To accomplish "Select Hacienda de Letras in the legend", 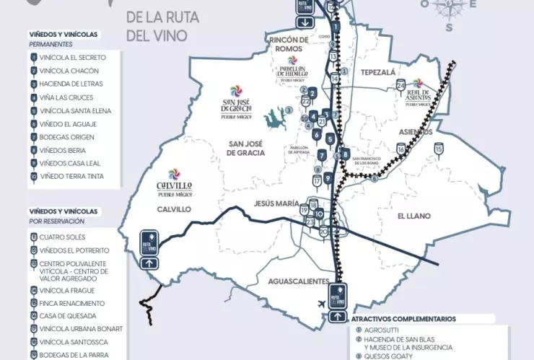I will pos(70,84).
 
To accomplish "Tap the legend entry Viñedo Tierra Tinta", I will pos(71,176).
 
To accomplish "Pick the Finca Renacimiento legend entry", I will pos(72,303).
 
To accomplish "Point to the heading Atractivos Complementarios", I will pos(403,318).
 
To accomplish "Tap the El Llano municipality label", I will pos(413,216).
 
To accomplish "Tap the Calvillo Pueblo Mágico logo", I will pos(174,183).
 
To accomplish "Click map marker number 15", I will pos(439,149).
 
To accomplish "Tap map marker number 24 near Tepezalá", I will pos(401,85).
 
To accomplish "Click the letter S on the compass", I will pos(449,27).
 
